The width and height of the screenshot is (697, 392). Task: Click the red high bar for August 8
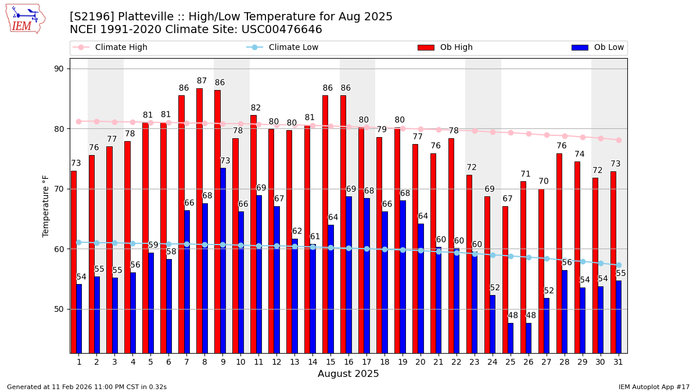[x=199, y=221]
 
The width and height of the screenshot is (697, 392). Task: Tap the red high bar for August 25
[x=505, y=279]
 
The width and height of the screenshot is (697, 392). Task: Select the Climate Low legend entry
[x=283, y=48]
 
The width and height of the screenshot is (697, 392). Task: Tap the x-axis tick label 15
[x=330, y=362]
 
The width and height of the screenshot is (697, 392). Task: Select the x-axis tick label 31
[x=618, y=362]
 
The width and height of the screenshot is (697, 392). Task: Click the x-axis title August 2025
[x=348, y=374]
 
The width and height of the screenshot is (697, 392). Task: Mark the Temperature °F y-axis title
[x=46, y=206]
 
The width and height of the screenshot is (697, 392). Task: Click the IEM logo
[x=25, y=19]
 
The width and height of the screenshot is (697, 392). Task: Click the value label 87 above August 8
[x=202, y=81]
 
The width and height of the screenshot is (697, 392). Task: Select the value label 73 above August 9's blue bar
[x=225, y=161]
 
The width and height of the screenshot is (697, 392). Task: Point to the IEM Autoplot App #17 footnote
[x=653, y=387]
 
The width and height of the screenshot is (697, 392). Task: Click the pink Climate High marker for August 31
[x=619, y=140]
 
